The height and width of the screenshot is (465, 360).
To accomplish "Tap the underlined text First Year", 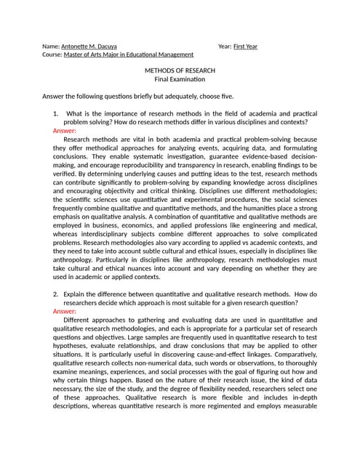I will point(245,46).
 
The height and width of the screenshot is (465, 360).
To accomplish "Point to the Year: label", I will point(225,46).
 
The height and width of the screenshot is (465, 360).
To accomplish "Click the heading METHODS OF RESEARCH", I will point(180,70).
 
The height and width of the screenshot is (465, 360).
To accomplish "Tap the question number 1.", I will point(55,115).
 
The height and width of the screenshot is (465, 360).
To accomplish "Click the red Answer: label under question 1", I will point(65,131).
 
